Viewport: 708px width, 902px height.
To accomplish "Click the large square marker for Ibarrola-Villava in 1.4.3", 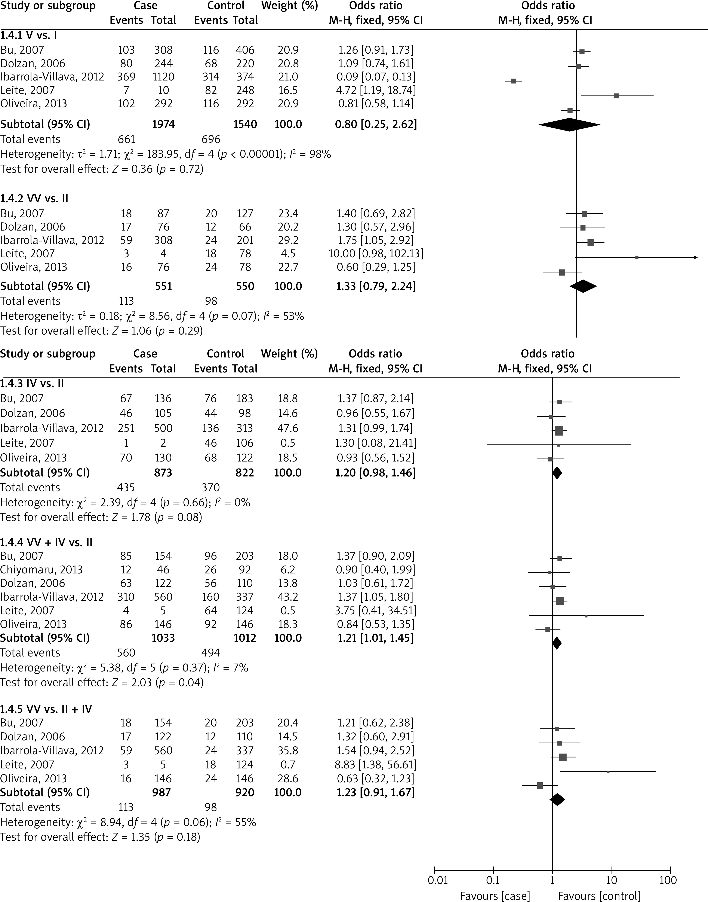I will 559,431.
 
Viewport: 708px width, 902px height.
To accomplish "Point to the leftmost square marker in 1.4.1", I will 513,81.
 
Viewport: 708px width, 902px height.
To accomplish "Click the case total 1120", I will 163,77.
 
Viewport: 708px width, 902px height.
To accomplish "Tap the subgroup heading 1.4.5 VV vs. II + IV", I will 46,709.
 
